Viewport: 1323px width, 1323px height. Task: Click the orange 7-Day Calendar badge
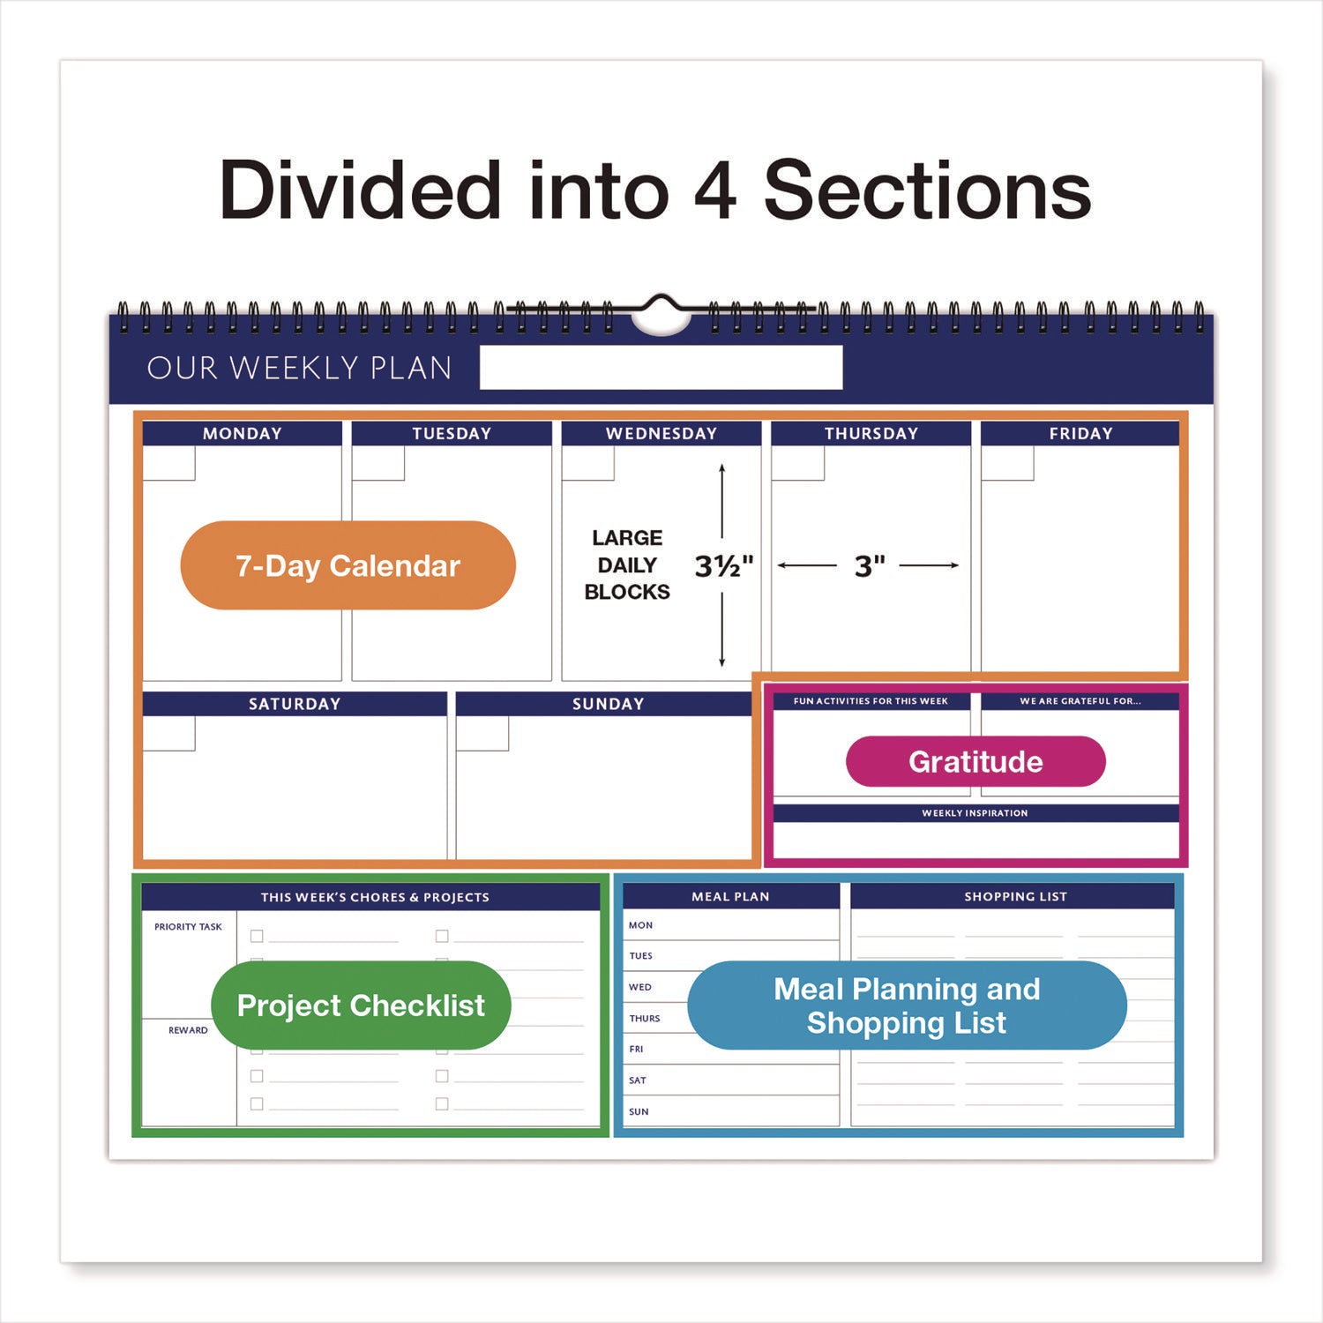coord(348,565)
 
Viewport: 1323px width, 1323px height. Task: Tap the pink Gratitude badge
coord(975,761)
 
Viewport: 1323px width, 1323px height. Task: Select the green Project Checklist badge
coord(361,1005)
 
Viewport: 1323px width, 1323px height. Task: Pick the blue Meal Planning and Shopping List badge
coord(907,1005)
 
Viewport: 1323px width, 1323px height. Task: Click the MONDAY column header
coord(243,433)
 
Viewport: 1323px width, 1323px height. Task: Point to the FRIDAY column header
coord(1080,433)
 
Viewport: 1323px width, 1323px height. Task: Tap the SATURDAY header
coord(295,704)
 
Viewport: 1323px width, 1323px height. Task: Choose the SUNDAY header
coord(608,704)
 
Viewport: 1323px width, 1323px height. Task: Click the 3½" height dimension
coord(723,565)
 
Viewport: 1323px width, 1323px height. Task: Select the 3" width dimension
coord(869,565)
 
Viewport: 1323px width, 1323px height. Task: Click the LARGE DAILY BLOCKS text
coord(627,564)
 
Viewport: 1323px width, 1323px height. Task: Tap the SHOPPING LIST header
coord(1015,896)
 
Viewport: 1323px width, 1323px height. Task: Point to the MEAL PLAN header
coord(730,896)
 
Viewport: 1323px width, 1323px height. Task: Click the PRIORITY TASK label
coord(188,927)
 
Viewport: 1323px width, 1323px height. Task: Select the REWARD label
coord(188,1030)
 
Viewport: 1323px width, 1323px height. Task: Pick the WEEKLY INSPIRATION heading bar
coord(975,813)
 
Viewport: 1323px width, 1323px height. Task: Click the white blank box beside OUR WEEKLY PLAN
coord(661,367)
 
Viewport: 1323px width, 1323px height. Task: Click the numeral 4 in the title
coord(714,191)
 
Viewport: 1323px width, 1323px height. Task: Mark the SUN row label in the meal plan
coord(639,1111)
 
